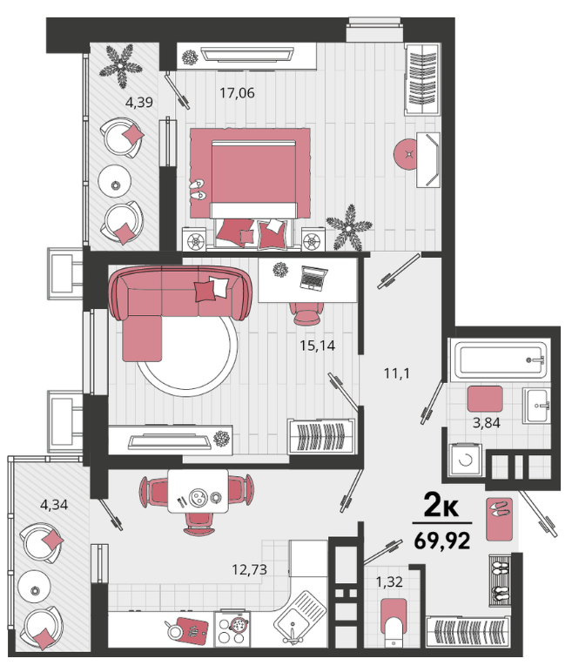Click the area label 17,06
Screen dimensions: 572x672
pos(237,92)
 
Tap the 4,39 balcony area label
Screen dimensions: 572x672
pos(139,102)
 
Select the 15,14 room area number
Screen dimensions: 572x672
pos(317,345)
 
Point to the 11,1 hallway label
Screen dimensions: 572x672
pos(397,373)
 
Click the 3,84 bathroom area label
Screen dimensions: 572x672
pos(486,423)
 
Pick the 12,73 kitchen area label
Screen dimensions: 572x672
pos(250,569)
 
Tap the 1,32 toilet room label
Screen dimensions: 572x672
pos(389,581)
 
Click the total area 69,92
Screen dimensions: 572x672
pos(442,541)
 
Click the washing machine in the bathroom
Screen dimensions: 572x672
pos(465,460)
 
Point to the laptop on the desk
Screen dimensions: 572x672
pos(313,279)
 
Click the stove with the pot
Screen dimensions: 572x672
pos(232,628)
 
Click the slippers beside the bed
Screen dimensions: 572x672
pos(198,189)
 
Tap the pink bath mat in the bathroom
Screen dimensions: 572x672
pos(485,399)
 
